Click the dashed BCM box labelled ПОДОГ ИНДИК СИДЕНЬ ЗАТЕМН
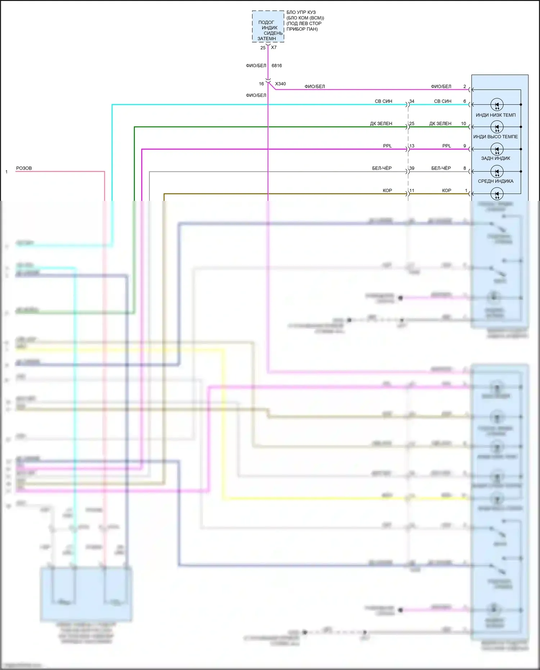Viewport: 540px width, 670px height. [268, 27]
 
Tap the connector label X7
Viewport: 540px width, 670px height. [274, 48]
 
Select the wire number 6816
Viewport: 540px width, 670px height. [276, 66]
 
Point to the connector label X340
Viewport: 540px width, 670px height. [280, 84]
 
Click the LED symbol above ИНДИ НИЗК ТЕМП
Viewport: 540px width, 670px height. [497, 105]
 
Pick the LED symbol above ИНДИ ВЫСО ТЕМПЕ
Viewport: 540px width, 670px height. [497, 127]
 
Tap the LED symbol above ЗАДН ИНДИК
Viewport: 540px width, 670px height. [497, 149]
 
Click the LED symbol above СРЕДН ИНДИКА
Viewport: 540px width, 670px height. [497, 171]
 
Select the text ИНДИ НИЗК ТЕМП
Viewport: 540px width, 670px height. [495, 115]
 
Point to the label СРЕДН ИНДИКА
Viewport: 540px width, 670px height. [495, 181]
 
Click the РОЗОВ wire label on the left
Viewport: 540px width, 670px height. [24, 168]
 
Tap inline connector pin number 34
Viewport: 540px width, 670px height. [412, 101]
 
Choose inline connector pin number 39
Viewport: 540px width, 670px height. [412, 168]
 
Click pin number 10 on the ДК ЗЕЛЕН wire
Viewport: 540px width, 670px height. [463, 123]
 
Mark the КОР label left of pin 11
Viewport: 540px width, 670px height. [387, 190]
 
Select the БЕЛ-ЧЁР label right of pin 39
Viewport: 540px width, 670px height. [441, 168]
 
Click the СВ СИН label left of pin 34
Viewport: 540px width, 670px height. [383, 101]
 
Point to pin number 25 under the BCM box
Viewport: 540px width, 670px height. [263, 48]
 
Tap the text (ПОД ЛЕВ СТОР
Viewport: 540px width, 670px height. [304, 23]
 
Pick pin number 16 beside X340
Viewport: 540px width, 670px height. [261, 84]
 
